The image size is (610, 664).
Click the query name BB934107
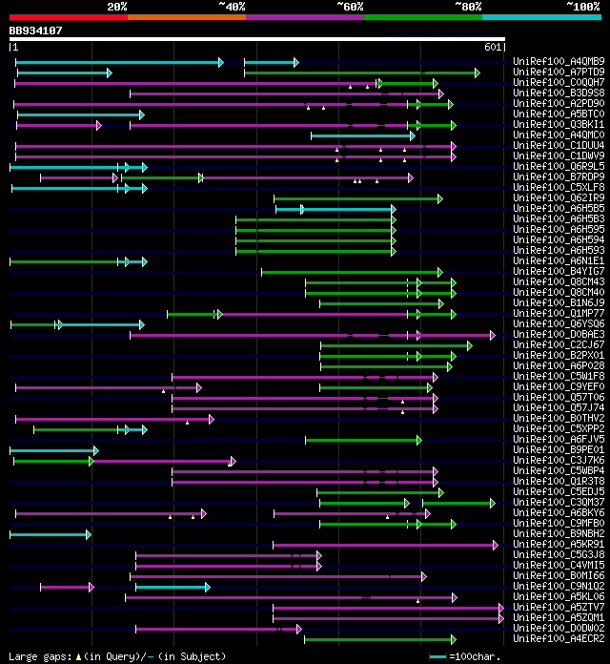coord(36,31)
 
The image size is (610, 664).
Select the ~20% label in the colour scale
coord(116,6)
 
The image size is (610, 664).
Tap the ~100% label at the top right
coord(583,6)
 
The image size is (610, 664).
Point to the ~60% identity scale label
coord(350,6)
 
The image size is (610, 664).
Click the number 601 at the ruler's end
coord(493,47)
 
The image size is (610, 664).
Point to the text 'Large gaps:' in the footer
coord(39,656)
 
